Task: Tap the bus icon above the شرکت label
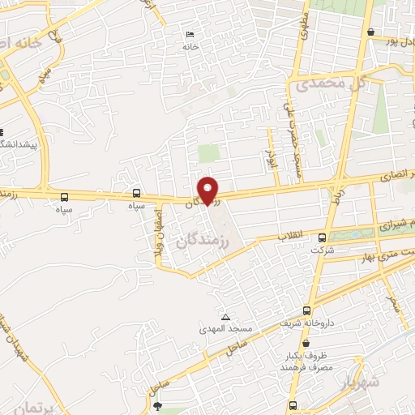point(323,237)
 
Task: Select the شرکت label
point(323,250)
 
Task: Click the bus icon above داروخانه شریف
point(306,310)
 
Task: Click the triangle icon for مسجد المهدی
point(225,316)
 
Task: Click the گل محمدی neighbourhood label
point(332,83)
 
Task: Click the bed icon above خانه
point(190,34)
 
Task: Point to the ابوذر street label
point(271,143)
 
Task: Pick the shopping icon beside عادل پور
point(370,32)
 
